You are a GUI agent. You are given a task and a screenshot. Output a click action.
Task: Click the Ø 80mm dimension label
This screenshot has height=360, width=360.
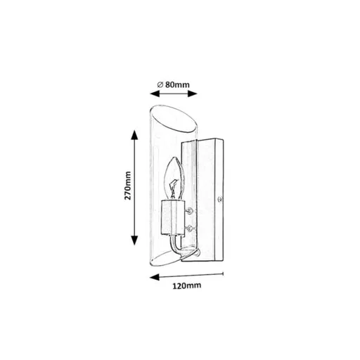(x=173, y=84)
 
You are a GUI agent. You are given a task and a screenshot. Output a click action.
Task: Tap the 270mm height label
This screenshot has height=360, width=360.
(x=128, y=186)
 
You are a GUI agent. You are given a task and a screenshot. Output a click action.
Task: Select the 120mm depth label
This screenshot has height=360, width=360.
(x=187, y=285)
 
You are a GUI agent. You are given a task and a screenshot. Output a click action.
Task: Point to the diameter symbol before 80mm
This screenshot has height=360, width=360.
(x=160, y=84)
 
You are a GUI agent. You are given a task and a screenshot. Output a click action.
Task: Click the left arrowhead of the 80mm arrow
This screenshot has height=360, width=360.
(x=155, y=94)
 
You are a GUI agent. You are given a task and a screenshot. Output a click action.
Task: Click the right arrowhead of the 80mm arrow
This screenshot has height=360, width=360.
(x=193, y=94)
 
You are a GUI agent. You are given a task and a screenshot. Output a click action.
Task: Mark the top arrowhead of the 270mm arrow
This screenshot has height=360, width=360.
(x=134, y=135)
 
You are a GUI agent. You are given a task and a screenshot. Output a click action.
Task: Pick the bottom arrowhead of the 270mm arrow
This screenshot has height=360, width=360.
(x=134, y=240)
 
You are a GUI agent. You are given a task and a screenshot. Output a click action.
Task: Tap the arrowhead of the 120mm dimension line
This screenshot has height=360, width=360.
(x=155, y=277)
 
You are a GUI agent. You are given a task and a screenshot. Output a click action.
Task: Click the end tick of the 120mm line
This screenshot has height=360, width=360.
(x=223, y=274)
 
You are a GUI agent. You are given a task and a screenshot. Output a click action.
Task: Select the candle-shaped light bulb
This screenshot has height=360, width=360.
(x=174, y=179)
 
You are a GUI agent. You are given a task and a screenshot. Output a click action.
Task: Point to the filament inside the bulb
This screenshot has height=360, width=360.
(x=174, y=188)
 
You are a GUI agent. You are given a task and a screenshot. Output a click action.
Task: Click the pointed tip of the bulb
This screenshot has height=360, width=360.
(x=174, y=157)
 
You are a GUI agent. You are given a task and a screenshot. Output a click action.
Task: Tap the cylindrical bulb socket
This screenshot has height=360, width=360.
(x=172, y=217)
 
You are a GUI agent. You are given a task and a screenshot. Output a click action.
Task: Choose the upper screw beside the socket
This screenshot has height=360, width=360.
(x=190, y=211)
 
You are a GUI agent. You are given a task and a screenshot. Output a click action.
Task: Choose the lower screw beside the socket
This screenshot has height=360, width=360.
(x=190, y=228)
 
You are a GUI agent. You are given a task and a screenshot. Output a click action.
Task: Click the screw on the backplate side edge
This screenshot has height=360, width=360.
(x=220, y=200)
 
